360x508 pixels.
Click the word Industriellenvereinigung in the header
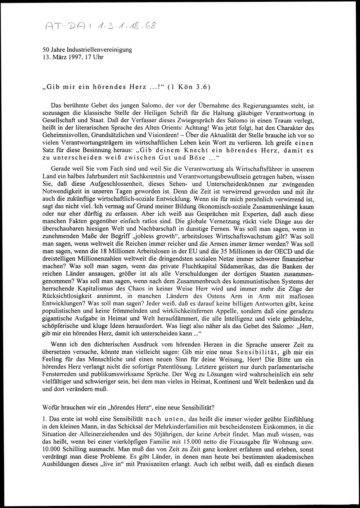click(102, 50)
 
